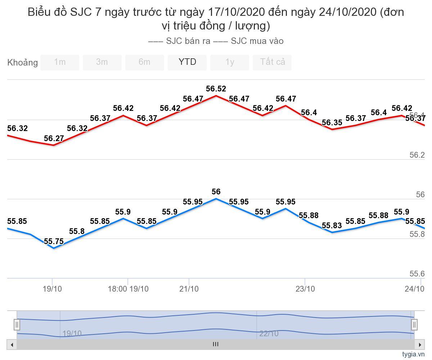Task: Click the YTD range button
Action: pyautogui.click(x=187, y=62)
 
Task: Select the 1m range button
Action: pyautogui.click(x=60, y=62)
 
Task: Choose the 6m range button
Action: pyautogui.click(x=144, y=62)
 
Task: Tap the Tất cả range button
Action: pyautogui.click(x=273, y=62)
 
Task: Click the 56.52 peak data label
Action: pyautogui.click(x=216, y=89)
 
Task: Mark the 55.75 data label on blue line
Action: pyautogui.click(x=54, y=242)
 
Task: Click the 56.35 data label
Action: pyautogui.click(x=332, y=123)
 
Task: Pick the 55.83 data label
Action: pyautogui.click(x=332, y=226)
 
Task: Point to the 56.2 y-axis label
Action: pyautogui.click(x=417, y=155)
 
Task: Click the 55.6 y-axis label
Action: pyautogui.click(x=417, y=274)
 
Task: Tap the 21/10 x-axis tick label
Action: pyautogui.click(x=189, y=289)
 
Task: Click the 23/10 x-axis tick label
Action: pyautogui.click(x=305, y=289)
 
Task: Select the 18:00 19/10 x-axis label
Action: pyautogui.click(x=128, y=289)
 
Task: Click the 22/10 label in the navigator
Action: pyautogui.click(x=269, y=333)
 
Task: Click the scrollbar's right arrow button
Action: pyautogui.click(x=419, y=345)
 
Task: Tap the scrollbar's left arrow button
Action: pyautogui.click(x=12, y=345)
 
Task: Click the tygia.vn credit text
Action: pyautogui.click(x=414, y=354)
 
